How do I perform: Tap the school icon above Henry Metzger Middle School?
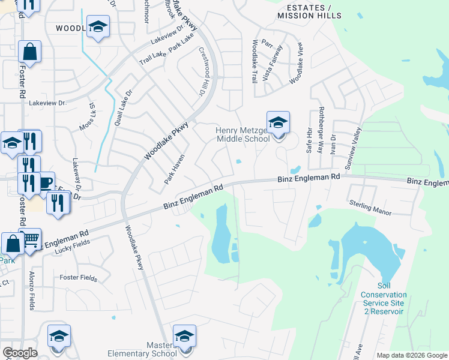coord(278,123)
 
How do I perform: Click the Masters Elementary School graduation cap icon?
coord(184,337)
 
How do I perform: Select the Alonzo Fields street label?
coord(32,290)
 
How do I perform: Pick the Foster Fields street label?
coord(78,277)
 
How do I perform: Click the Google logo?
coord(19,353)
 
